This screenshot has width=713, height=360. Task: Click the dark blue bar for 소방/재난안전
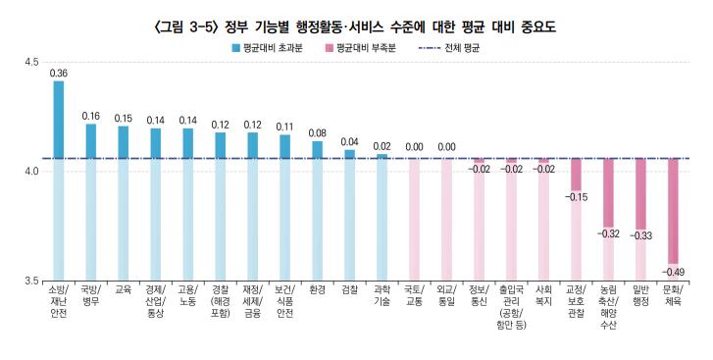click(x=58, y=119)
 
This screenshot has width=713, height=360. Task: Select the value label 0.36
click(x=58, y=74)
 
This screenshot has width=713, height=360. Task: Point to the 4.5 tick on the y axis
click(x=32, y=62)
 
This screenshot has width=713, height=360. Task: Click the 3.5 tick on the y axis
click(x=32, y=281)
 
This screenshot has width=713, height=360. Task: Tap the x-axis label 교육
click(x=123, y=289)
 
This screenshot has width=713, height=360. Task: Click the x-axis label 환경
click(x=317, y=289)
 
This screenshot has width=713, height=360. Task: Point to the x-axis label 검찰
click(x=349, y=289)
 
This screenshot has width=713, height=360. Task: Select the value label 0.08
click(x=317, y=133)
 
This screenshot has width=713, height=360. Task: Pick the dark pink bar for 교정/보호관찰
click(x=576, y=174)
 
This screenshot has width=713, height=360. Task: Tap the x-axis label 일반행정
click(x=640, y=295)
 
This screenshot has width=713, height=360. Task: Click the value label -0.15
click(x=576, y=197)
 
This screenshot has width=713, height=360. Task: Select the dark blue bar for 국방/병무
click(x=90, y=140)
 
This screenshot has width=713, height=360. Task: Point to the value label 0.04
click(x=349, y=142)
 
